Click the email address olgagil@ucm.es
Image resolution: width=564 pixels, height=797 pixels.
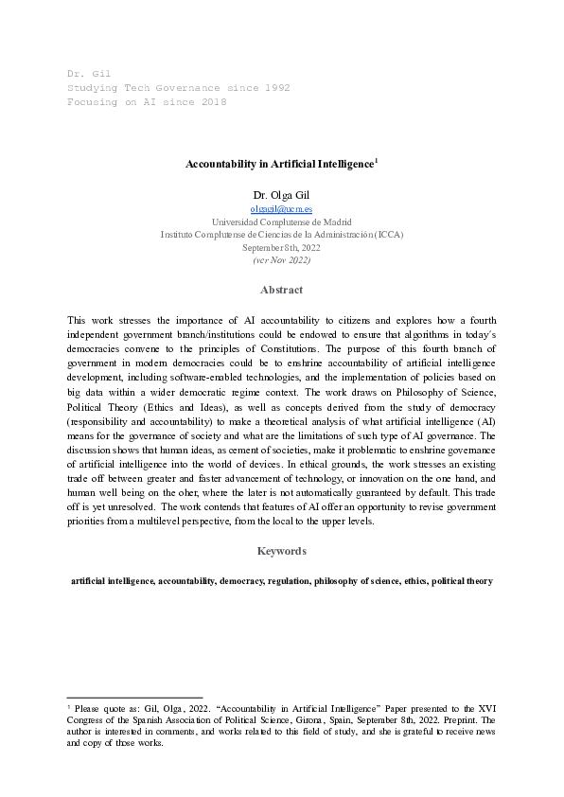[x=281, y=208]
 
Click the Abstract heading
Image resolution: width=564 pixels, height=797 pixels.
[x=281, y=290]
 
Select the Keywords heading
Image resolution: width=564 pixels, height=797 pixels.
[x=281, y=550]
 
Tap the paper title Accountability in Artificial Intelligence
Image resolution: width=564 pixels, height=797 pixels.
[x=279, y=164]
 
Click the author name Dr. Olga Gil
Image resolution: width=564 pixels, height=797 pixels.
[x=281, y=194]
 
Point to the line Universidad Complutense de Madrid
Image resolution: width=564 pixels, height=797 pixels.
[x=281, y=221]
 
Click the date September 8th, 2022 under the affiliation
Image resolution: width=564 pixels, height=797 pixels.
[x=281, y=247]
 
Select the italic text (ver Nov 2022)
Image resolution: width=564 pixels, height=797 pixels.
[x=281, y=259]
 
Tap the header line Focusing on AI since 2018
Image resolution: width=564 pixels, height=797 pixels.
[x=147, y=101]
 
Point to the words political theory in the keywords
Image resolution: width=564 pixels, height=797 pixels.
[x=461, y=580]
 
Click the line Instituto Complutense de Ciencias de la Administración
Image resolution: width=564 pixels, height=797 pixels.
[x=281, y=234]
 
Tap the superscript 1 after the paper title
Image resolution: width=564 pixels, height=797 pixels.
[x=377, y=160]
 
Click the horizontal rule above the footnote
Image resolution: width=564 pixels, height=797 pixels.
[x=134, y=696]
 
